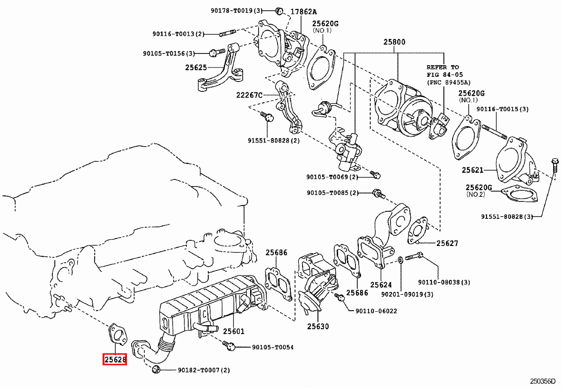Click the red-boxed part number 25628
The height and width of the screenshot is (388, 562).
[x=115, y=360]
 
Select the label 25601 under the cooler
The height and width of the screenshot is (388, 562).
[x=234, y=331]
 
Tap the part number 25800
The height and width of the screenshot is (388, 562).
[x=394, y=42]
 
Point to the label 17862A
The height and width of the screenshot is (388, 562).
[x=303, y=12]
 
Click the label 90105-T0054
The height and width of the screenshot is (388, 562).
[x=273, y=347]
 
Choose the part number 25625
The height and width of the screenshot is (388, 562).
[x=196, y=67]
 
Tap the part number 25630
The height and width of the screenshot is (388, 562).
[x=318, y=326]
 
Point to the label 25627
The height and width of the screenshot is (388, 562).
[x=447, y=243]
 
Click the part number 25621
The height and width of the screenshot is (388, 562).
[x=472, y=170]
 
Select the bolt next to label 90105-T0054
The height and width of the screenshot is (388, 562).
[x=230, y=346]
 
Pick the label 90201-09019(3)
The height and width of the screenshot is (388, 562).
[x=407, y=294]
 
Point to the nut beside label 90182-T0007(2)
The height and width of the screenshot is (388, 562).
[x=156, y=370]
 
